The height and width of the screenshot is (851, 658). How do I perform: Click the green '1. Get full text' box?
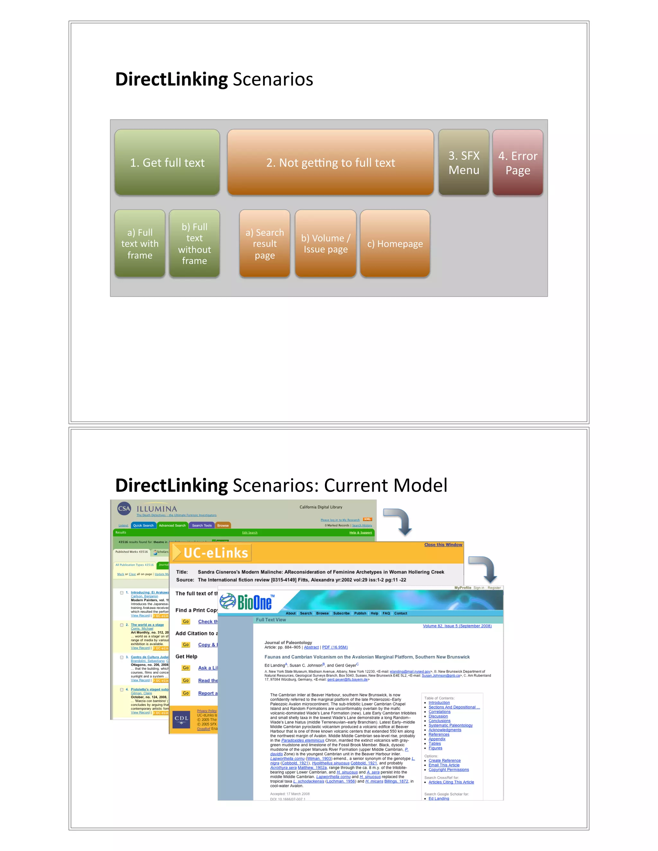click(167, 162)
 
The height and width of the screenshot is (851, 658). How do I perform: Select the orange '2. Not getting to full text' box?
click(330, 162)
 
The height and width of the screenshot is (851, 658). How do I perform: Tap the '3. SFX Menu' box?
click(464, 162)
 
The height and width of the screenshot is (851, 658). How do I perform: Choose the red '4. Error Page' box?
click(517, 162)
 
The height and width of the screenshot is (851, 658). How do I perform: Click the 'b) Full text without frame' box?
click(194, 243)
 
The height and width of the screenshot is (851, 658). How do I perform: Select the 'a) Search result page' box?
click(265, 243)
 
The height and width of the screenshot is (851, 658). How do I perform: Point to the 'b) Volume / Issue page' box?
click(325, 243)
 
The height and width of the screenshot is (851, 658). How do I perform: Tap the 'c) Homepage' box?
click(395, 243)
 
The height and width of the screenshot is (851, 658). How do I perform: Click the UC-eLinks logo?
click(212, 553)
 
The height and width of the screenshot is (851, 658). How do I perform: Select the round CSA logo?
click(124, 508)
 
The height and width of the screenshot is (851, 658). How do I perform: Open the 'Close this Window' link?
click(443, 545)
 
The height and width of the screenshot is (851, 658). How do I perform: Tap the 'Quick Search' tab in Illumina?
click(143, 525)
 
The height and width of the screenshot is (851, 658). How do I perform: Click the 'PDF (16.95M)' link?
click(334, 647)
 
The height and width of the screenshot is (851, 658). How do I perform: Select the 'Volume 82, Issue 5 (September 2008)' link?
click(457, 626)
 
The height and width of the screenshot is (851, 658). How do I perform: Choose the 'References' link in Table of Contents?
click(439, 734)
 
